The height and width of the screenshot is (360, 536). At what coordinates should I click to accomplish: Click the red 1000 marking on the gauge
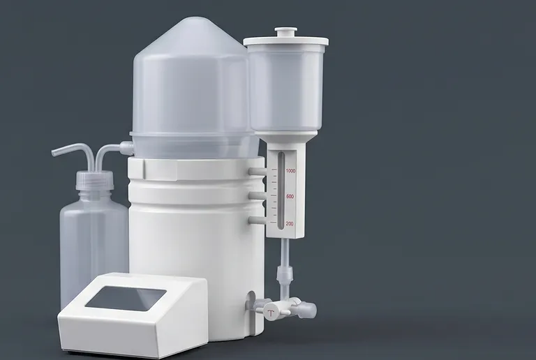coord(290,170)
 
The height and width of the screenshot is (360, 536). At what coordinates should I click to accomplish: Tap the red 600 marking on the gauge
coord(290,196)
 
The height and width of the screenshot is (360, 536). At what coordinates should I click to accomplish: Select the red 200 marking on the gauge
coord(290,224)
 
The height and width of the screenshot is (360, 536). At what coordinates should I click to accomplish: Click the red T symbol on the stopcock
coord(271,313)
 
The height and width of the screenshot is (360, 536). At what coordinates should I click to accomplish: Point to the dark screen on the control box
coord(126,298)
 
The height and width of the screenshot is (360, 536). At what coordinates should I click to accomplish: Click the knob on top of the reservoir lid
coord(286,33)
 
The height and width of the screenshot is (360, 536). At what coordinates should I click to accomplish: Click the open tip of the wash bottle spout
coord(54,153)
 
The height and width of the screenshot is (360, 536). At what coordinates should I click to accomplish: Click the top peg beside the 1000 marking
coord(257,171)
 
